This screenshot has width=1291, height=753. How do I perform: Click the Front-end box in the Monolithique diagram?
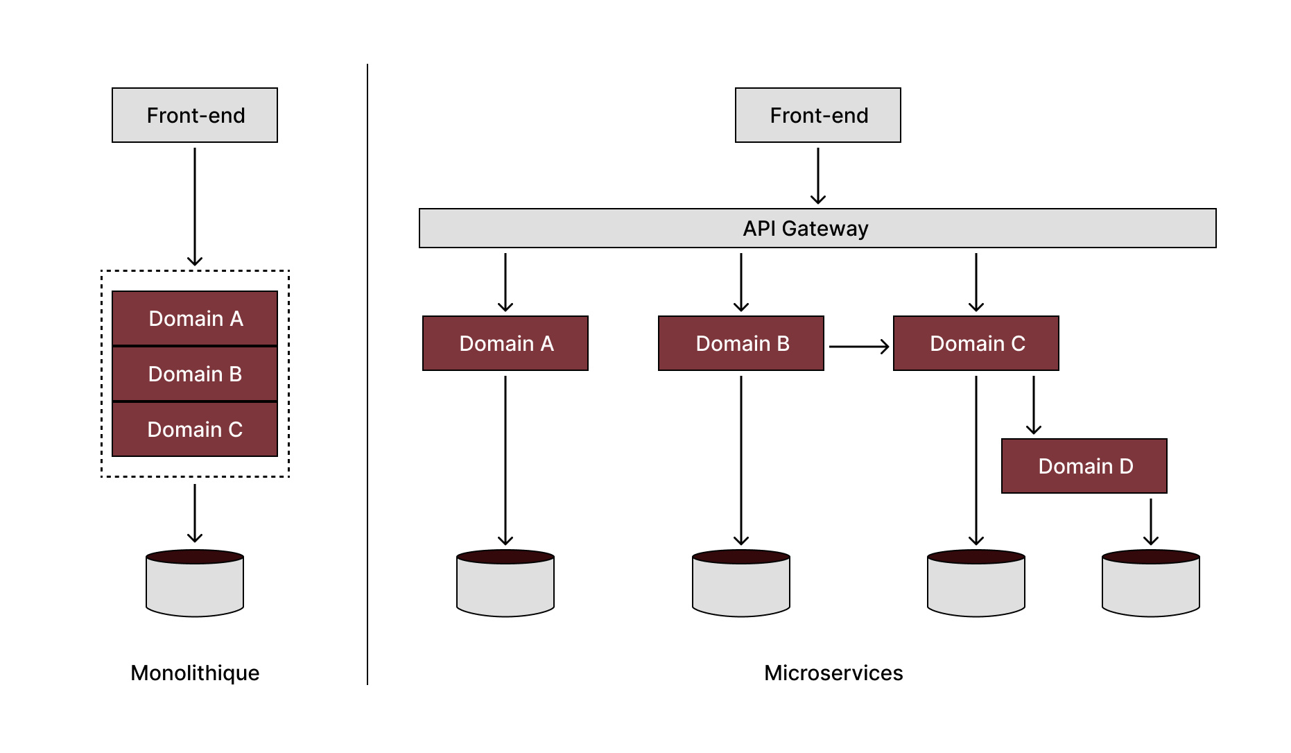pos(195,115)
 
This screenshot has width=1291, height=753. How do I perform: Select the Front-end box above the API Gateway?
pos(817,115)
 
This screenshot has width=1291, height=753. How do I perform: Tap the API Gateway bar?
pos(817,228)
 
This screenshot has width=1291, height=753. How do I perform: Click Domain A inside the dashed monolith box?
pos(195,318)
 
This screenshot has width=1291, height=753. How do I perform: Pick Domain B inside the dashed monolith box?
pos(195,374)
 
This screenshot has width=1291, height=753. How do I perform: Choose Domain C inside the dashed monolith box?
pos(195,429)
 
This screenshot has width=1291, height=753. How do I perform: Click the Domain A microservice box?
pos(505,343)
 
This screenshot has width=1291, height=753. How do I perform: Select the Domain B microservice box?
pos(741,343)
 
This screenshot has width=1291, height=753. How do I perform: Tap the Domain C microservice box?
pos(976,343)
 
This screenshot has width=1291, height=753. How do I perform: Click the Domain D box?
pos(1084,466)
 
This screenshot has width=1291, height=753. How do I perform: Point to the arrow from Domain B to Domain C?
pos(858,346)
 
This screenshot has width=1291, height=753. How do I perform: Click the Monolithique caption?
pos(195,673)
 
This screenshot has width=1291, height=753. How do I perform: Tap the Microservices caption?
pos(833,673)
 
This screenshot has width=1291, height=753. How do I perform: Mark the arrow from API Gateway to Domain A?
pos(505,282)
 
